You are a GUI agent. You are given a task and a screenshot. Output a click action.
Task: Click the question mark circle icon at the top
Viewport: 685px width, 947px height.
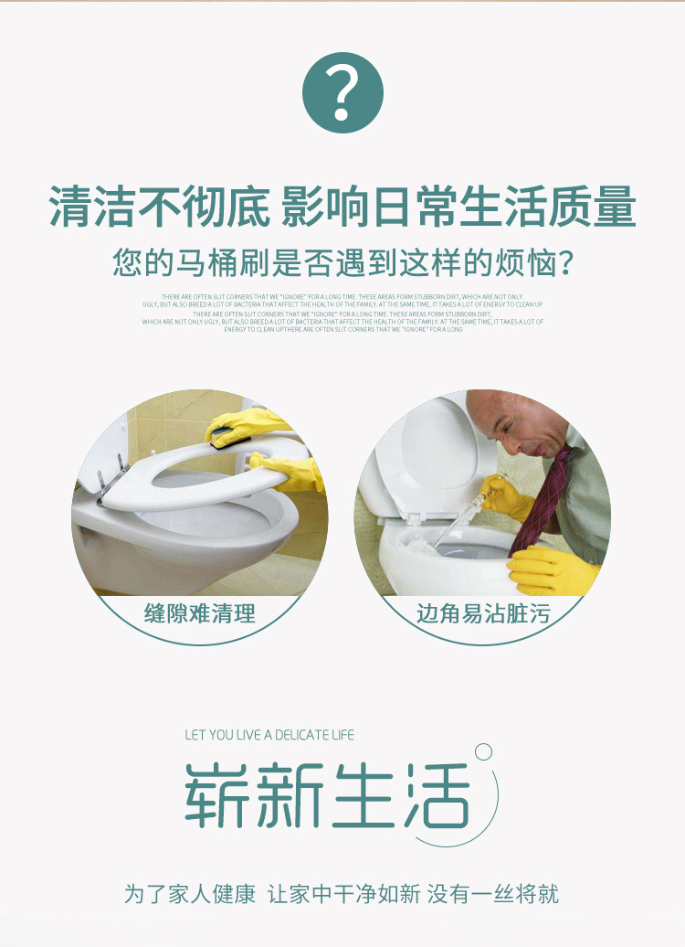point(342,93)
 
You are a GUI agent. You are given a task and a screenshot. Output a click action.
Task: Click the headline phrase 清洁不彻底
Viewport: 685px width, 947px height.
point(159,207)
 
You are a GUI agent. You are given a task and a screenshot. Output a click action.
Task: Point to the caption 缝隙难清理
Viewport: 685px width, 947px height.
point(200,613)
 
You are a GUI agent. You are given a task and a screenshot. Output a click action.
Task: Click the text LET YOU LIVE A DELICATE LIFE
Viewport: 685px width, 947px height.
point(269,735)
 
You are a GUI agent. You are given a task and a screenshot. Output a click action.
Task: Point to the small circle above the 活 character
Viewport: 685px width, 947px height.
point(483,751)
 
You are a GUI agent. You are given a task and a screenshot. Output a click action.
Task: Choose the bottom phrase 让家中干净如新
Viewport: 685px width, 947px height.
point(347,893)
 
